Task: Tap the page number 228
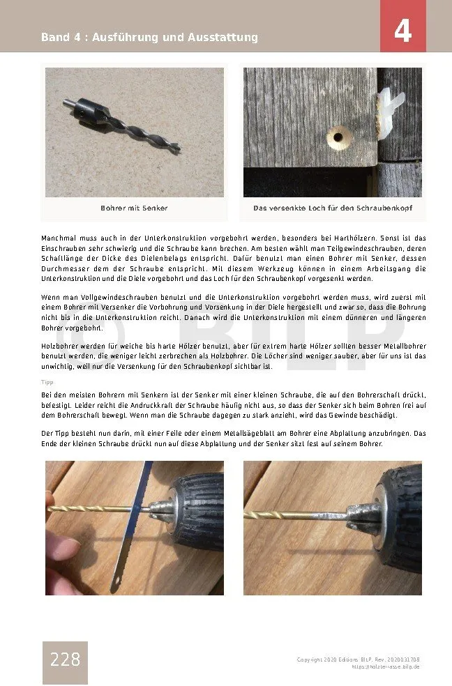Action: [x=65, y=660]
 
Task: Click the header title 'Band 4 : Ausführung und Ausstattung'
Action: [x=149, y=37]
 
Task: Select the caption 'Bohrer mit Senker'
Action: [x=134, y=208]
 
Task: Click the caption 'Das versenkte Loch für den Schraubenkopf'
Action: [x=331, y=208]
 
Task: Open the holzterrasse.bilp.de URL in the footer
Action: [x=385, y=666]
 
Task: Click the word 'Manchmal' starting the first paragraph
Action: [x=58, y=238]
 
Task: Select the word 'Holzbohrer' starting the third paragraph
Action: [x=59, y=346]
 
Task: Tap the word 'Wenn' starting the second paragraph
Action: [x=51, y=298]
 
